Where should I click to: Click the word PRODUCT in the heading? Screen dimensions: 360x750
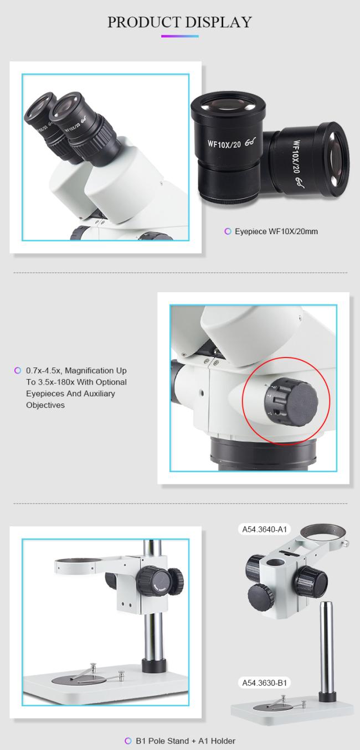144,22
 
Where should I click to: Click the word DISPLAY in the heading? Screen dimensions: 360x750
218,22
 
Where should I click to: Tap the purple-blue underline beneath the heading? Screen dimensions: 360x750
180,36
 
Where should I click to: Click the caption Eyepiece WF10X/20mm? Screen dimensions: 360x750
276,231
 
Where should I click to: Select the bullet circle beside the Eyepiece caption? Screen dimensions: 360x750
228,231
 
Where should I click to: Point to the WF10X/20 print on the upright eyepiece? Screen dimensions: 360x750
224,144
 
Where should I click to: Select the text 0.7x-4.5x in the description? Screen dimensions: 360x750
44,371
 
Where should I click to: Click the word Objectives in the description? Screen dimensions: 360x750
45,405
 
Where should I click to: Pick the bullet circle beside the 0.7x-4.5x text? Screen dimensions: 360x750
18,371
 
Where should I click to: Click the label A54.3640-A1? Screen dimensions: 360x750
265,529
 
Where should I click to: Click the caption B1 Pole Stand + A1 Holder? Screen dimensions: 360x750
186,741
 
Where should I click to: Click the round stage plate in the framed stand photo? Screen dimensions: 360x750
80,680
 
